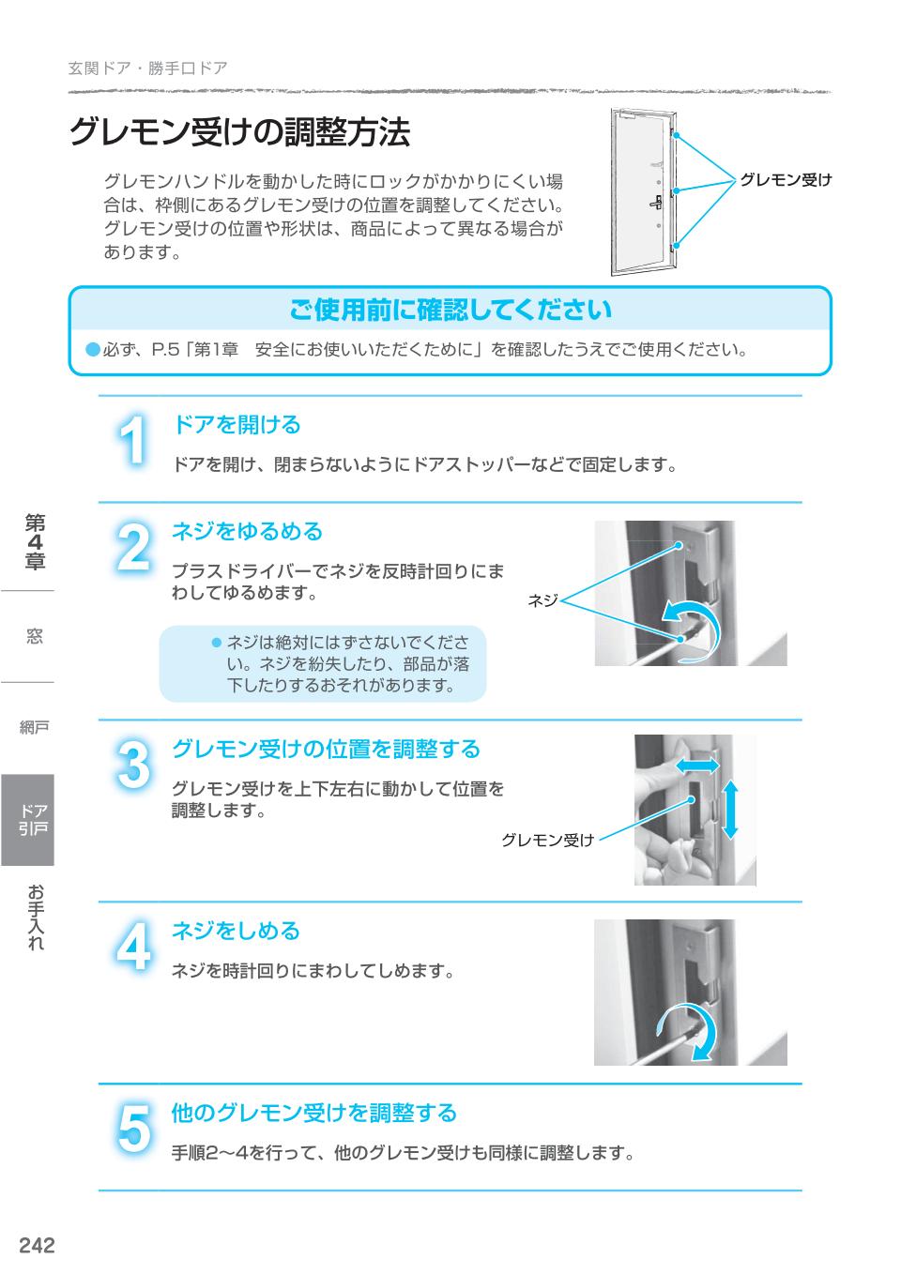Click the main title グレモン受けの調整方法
tap(239, 133)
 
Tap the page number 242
tap(37, 1245)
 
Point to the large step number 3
tap(134, 764)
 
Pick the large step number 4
tap(134, 947)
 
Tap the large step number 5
tap(134, 1129)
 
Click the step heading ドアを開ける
tap(236, 425)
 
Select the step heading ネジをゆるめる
tap(247, 532)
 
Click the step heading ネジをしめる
tap(236, 931)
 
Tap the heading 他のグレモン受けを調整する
tap(313, 1114)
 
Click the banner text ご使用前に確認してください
tap(450, 310)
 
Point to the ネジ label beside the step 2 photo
tap(542, 600)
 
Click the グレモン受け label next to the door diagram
tap(786, 179)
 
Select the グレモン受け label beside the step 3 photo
tap(547, 841)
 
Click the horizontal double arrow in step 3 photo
tap(697, 766)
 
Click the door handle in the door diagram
tap(656, 202)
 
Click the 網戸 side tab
tap(34, 727)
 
